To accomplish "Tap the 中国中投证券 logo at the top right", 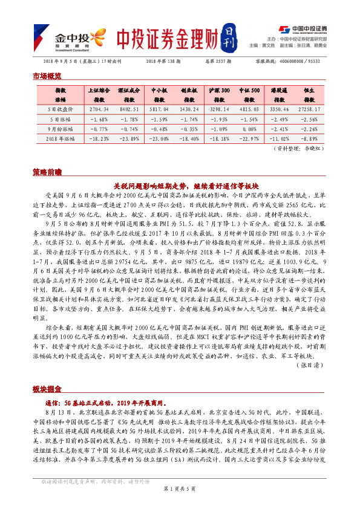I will coord(303,28).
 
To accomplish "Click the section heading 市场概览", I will coord(47,76).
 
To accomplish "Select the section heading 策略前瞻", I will coord(47,172).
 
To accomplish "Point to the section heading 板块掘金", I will coord(47,387).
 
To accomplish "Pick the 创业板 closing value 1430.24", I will coord(190,109).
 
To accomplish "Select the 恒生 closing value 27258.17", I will coord(310,109).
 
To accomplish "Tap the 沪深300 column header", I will coord(218,89).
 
